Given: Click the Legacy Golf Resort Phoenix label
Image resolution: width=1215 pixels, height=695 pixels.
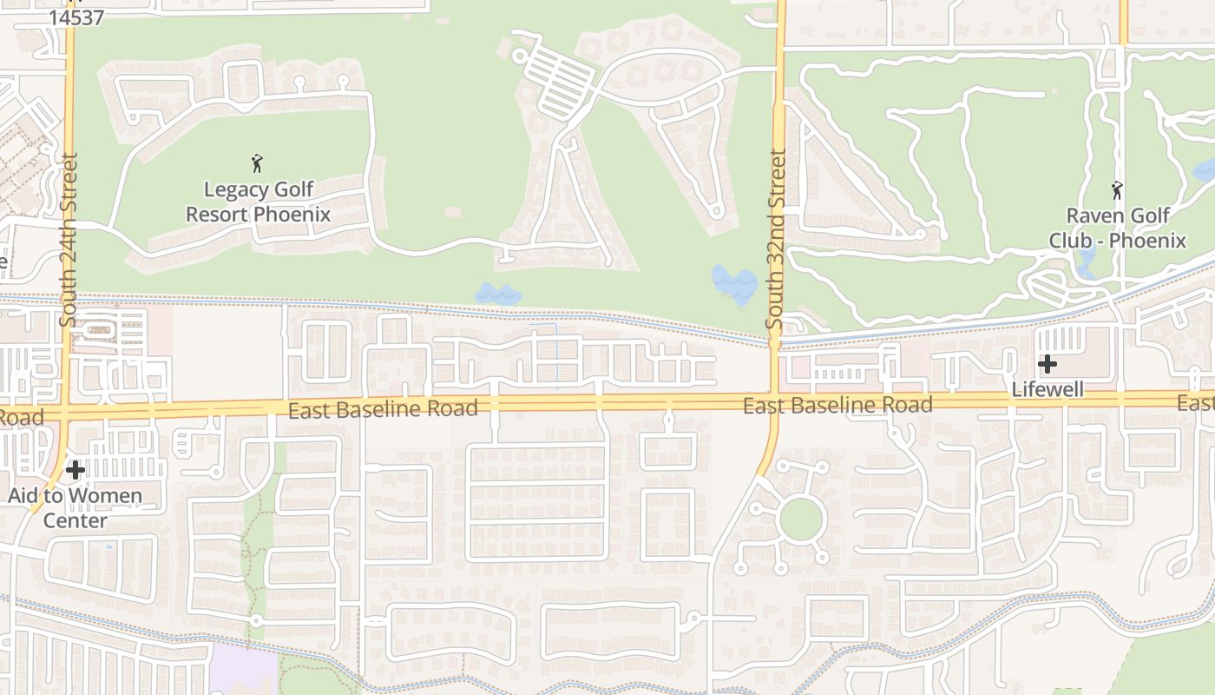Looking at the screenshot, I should pos(258,202).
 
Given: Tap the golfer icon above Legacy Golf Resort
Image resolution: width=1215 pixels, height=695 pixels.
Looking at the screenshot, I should pos(256,163).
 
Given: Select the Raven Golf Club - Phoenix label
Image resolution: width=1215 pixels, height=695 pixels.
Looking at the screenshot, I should pos(1118,228).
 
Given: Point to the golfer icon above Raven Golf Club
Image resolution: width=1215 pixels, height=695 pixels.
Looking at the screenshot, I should pos(1117,189).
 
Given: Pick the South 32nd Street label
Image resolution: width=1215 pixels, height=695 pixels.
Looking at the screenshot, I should pos(776,239).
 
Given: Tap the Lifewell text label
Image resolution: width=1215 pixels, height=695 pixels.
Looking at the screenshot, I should pos(1048,389).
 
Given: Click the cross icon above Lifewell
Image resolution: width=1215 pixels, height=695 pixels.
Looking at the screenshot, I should pos(1048,364).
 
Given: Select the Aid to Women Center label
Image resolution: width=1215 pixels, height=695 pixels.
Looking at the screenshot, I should pos(76,508).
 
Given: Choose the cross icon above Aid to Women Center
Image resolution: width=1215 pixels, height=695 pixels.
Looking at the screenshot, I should pos(76,470).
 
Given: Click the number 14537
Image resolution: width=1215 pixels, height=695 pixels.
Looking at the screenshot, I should pos(76,17).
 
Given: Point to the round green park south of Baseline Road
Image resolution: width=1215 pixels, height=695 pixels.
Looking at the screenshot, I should pos(800,520).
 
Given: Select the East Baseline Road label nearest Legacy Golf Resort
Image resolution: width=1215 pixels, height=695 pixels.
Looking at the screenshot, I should pos(383,408).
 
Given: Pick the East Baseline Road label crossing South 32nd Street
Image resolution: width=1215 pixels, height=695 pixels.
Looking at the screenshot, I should pos(837,404).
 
